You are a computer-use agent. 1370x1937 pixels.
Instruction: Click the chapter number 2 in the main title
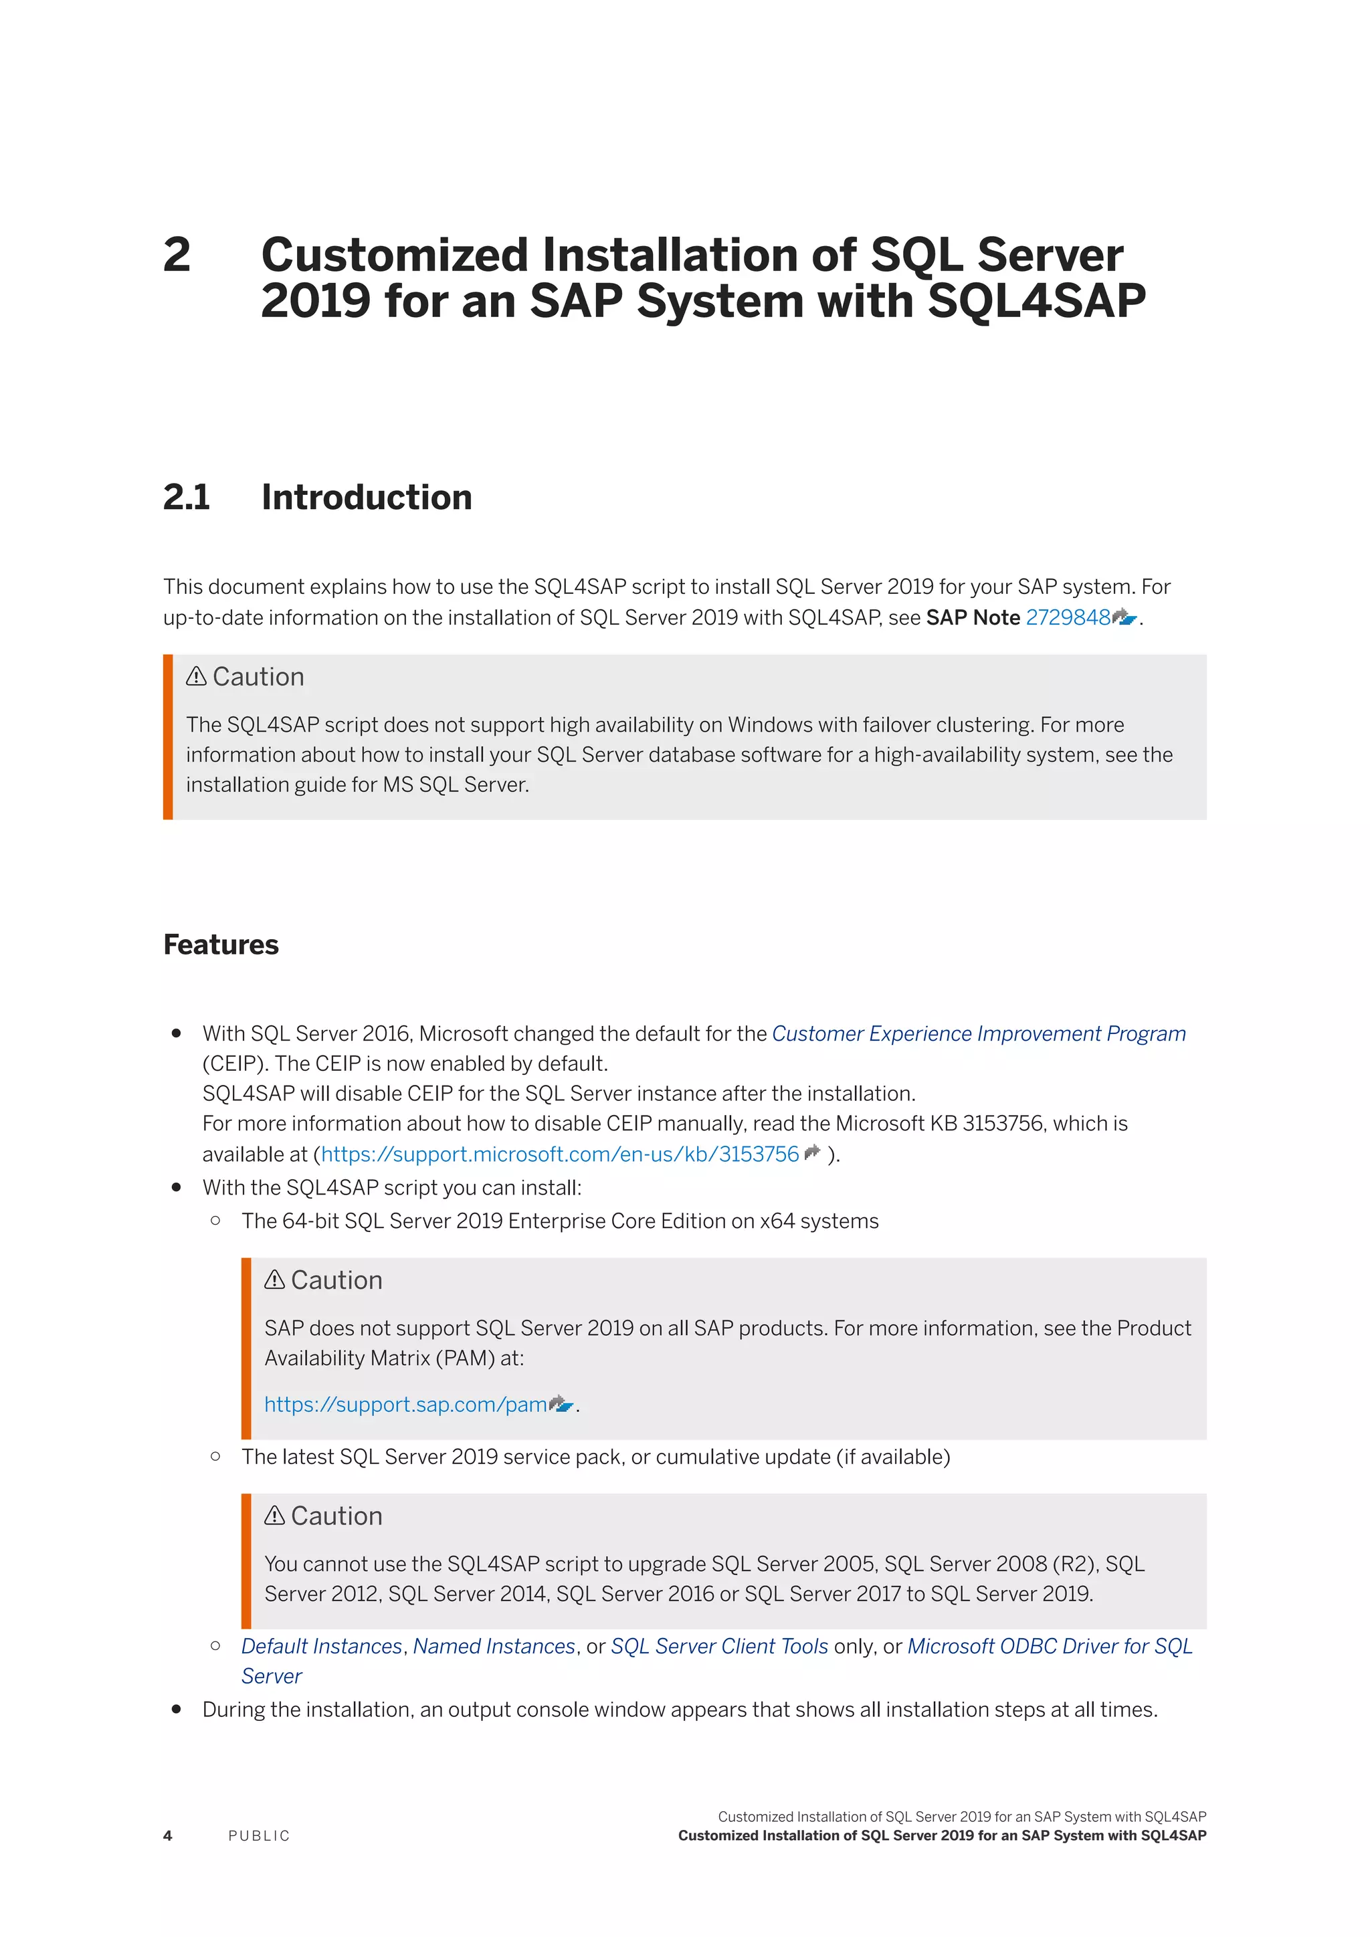177,255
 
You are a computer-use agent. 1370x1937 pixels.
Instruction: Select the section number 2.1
187,497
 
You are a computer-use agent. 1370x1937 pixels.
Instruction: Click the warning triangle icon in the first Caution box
197,677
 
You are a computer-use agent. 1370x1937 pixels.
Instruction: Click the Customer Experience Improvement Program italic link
979,1033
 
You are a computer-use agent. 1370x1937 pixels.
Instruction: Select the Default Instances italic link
321,1646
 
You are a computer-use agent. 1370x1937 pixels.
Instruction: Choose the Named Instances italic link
494,1646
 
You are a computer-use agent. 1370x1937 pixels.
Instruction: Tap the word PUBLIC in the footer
259,1836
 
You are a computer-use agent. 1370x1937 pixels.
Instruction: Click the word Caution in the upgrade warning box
336,1516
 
